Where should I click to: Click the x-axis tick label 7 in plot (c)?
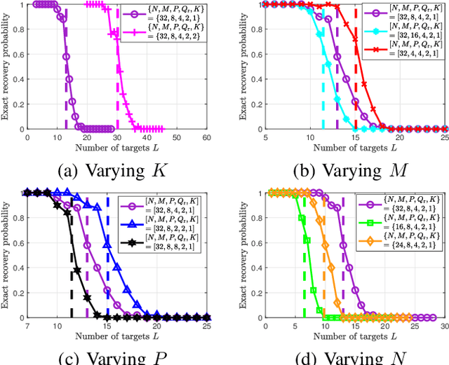tap(27, 326)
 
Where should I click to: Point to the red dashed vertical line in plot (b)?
tap(356, 91)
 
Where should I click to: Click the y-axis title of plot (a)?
tap(6, 67)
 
